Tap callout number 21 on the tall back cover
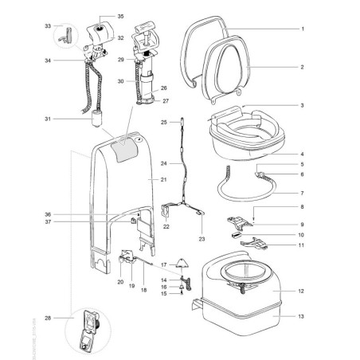click(x=162, y=181)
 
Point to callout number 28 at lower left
click(x=26, y=318)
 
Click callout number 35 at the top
click(x=121, y=17)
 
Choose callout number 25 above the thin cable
click(x=162, y=122)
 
